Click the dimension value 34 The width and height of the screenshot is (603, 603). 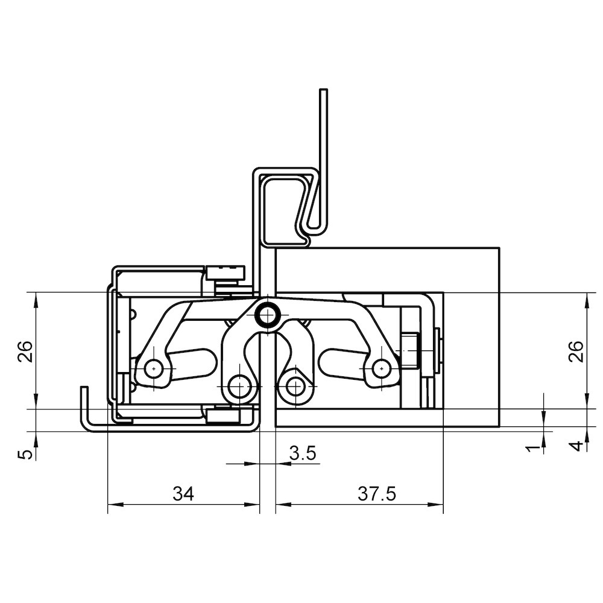click(183, 493)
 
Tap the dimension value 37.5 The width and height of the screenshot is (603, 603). click(377, 493)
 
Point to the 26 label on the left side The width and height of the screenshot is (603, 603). click(25, 351)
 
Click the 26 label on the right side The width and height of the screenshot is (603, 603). click(576, 351)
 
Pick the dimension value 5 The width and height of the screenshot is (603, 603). click(25, 455)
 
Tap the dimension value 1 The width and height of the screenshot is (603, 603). click(534, 447)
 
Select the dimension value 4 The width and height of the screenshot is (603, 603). click(577, 446)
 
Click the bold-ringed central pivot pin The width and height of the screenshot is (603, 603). click(268, 316)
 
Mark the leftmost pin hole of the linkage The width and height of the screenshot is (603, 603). click(154, 368)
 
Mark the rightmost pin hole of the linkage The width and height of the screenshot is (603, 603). click(380, 368)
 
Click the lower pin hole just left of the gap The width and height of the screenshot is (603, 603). click(239, 385)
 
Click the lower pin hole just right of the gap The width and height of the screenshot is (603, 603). click(295, 385)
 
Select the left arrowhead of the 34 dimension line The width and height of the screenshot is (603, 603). click(113, 504)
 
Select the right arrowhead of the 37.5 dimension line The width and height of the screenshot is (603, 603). click(438, 504)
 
